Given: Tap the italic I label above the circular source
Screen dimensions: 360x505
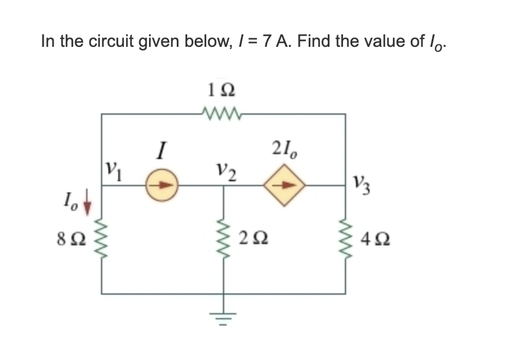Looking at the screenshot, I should pyautogui.click(x=161, y=150).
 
